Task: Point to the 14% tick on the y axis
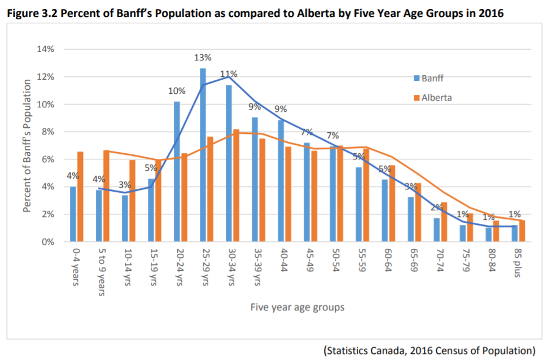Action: pyautogui.click(x=46, y=49)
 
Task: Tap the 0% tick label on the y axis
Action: pyautogui.click(x=47, y=241)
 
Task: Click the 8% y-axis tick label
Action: pyautogui.click(x=47, y=132)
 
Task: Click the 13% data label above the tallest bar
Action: pyautogui.click(x=203, y=58)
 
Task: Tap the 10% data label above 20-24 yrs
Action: pyautogui.click(x=177, y=90)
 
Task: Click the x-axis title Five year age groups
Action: pyautogui.click(x=297, y=307)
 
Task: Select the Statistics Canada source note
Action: pyautogui.click(x=429, y=350)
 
